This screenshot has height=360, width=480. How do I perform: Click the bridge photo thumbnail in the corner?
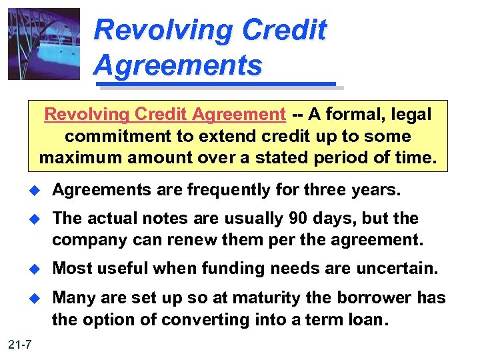coord(44,43)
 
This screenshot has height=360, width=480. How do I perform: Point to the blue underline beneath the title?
coord(216,85)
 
